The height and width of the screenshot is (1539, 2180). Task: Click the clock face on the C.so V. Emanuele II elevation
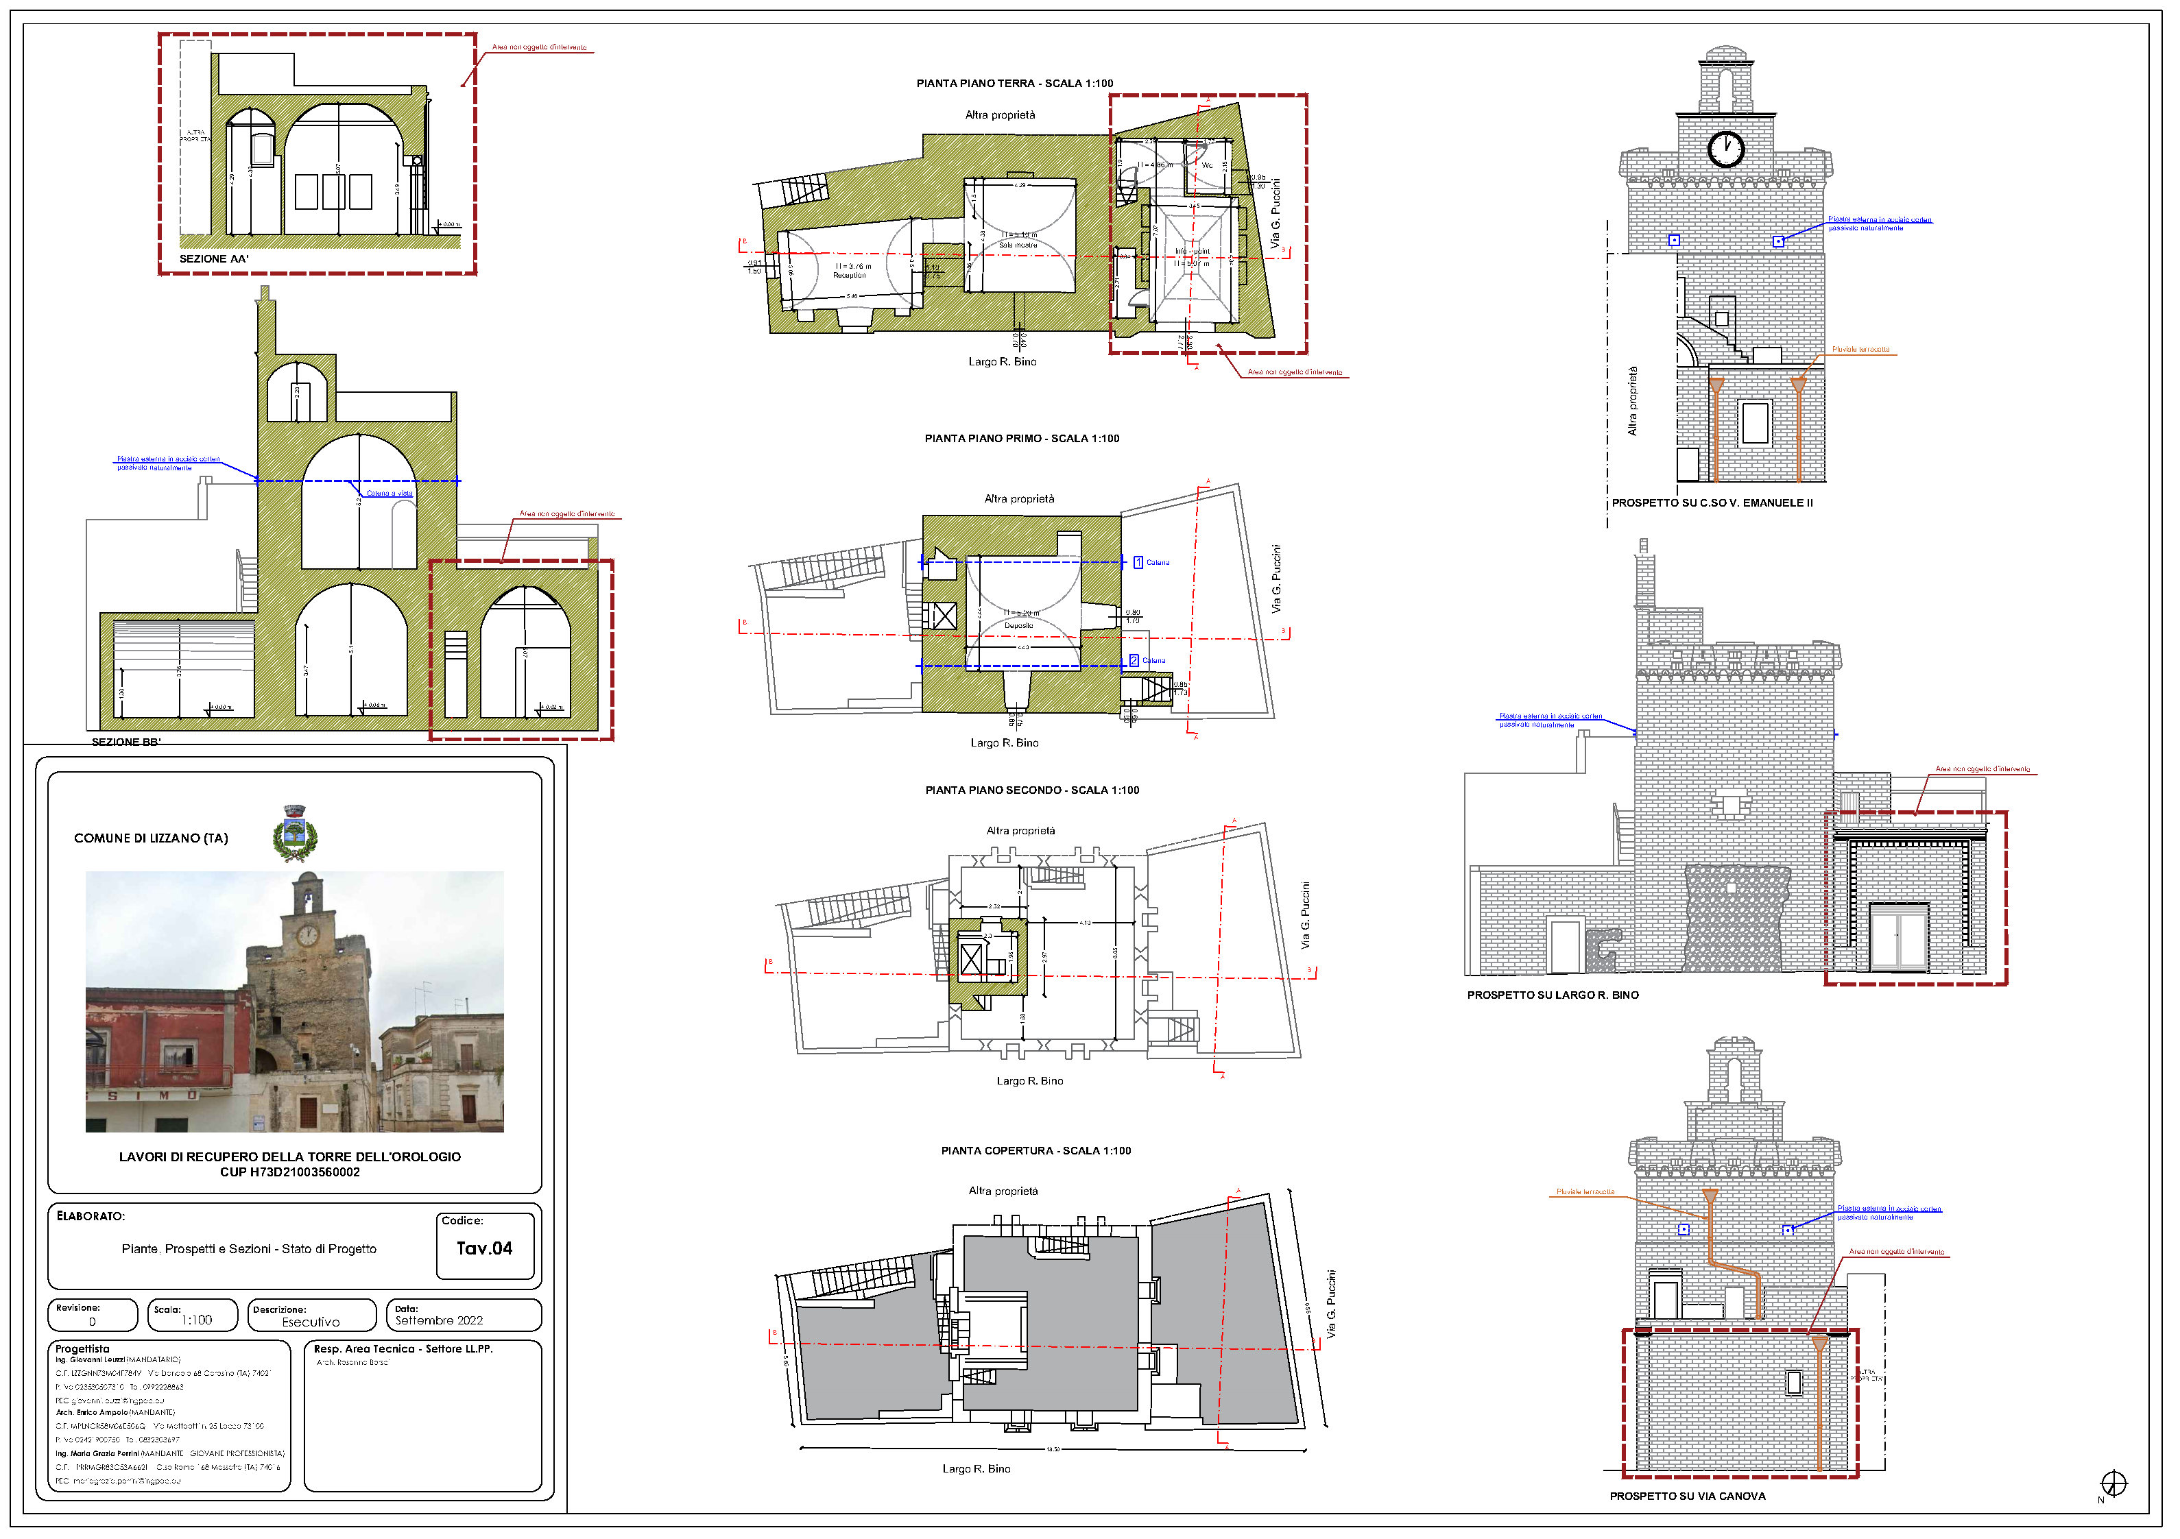[x=1725, y=148]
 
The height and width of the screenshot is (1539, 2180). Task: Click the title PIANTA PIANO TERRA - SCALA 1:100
[x=1014, y=84]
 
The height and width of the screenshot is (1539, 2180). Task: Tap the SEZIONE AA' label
[x=214, y=258]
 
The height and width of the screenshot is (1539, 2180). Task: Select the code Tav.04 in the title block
[x=484, y=1248]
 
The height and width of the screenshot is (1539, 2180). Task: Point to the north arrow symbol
[x=2113, y=1483]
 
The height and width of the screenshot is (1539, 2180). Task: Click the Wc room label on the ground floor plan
[x=1207, y=165]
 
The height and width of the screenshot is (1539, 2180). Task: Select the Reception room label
[x=850, y=276]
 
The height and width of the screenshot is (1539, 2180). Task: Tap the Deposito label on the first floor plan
[x=1019, y=626]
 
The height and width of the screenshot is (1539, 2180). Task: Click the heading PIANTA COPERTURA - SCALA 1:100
[x=1036, y=1151]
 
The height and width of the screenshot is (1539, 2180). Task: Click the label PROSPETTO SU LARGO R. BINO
[x=1553, y=995]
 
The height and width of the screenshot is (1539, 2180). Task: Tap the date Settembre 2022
[x=439, y=1320]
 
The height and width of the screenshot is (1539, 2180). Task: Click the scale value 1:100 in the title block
[x=197, y=1320]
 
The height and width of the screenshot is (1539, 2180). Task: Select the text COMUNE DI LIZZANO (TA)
[x=151, y=838]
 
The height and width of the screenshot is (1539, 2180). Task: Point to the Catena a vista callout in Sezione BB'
[x=390, y=494]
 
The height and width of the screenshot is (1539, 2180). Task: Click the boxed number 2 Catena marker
[x=1134, y=661]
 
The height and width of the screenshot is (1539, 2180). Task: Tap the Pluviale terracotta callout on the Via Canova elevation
[x=1585, y=1191]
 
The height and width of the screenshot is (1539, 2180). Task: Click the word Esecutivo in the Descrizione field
[x=311, y=1322]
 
